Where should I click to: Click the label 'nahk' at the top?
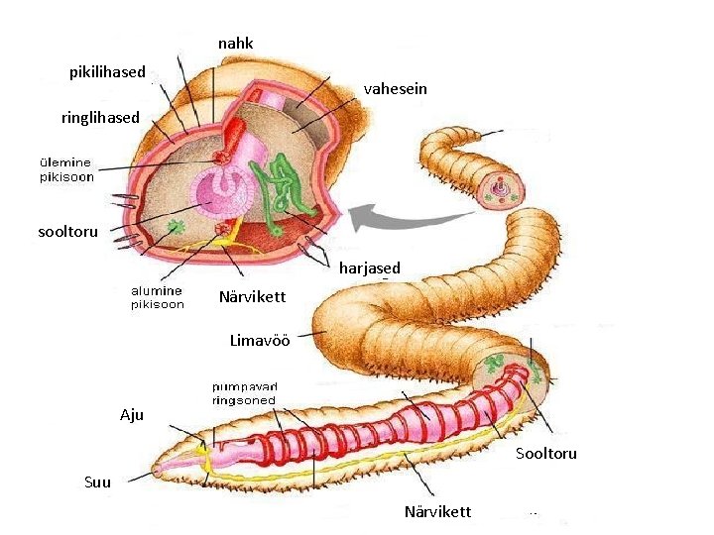(x=235, y=44)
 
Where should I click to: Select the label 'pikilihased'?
(x=107, y=72)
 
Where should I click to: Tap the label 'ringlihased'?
(x=100, y=118)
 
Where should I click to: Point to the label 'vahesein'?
(x=395, y=89)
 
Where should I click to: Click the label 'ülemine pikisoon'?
(x=66, y=169)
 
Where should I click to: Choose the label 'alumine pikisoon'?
(x=158, y=297)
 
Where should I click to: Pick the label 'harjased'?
(x=370, y=268)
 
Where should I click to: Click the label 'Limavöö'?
(x=260, y=341)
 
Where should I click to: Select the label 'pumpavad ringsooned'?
(x=243, y=393)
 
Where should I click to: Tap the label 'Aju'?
(x=132, y=415)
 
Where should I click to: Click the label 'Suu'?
(x=98, y=483)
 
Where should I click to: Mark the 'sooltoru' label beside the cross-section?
(x=67, y=232)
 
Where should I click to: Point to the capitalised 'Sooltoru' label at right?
(x=545, y=454)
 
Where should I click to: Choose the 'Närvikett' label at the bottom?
(x=437, y=512)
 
